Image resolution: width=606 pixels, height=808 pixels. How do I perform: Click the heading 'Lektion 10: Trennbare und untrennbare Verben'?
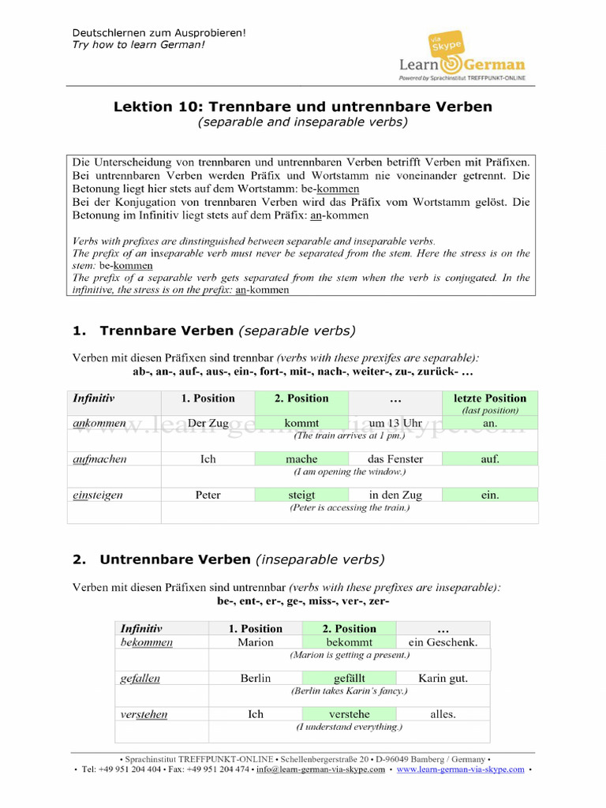[x=303, y=107]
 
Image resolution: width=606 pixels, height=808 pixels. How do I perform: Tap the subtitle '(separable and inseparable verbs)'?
[x=303, y=122]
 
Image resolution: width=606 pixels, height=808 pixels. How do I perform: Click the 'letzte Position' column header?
[x=489, y=398]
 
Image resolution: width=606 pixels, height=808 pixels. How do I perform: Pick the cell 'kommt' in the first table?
[x=301, y=424]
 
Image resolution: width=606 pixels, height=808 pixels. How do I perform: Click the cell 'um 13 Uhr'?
[x=395, y=424]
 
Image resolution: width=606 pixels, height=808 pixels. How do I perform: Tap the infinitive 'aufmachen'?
[x=99, y=459]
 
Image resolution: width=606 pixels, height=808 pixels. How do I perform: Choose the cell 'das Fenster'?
[x=395, y=459]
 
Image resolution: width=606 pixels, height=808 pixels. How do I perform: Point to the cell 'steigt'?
[x=301, y=495]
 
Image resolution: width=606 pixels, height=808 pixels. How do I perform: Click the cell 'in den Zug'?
[x=395, y=495]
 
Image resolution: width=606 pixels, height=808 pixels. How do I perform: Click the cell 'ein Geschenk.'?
[x=443, y=642]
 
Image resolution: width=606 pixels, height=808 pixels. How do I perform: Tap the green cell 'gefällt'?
[x=349, y=678]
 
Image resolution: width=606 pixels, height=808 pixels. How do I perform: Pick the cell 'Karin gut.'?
[x=443, y=678]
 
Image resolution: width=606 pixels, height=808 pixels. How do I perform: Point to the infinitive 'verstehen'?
[x=144, y=714]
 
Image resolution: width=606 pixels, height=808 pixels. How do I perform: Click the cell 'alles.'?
[x=443, y=714]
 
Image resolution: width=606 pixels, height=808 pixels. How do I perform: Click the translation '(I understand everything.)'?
[x=349, y=727]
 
